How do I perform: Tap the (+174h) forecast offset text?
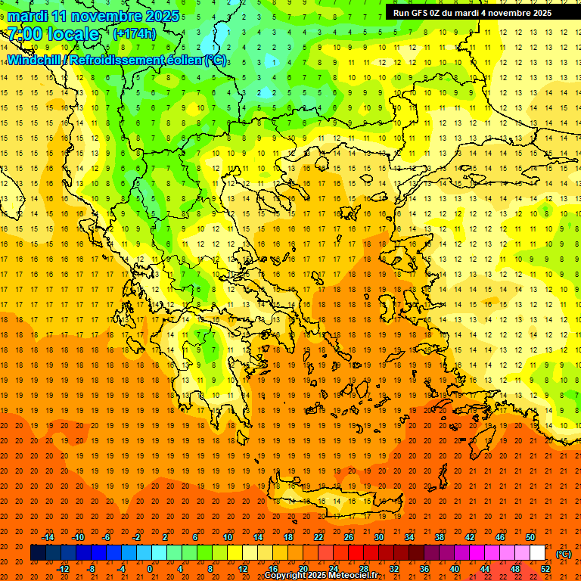tap(135, 34)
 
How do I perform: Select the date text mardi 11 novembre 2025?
tap(94, 16)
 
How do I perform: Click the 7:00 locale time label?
tap(54, 34)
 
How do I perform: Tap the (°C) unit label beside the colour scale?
tap(563, 554)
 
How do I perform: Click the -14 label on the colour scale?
tap(48, 537)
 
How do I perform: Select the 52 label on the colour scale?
tap(545, 569)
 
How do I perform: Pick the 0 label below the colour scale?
tap(150, 569)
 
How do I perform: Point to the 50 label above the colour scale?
tap(530, 537)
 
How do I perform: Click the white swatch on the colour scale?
tap(538, 553)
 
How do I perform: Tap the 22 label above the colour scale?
tap(318, 537)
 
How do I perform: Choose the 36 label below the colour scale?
tap(424, 569)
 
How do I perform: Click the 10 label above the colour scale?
tap(228, 537)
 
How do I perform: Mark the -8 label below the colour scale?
tap(92, 569)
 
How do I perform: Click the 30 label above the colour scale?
tap(379, 537)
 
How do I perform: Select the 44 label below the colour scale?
tap(485, 569)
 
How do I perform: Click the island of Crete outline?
tap(333, 499)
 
